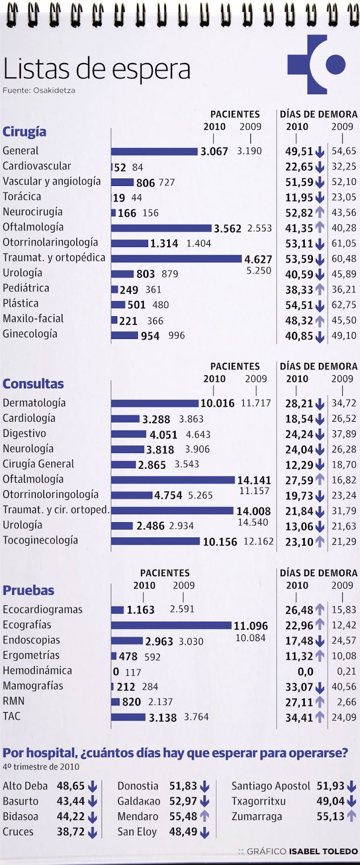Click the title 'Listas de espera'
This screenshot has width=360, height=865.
(x=97, y=69)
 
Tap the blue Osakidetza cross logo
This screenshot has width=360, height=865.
(x=315, y=64)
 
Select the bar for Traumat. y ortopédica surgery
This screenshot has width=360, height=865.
(x=176, y=258)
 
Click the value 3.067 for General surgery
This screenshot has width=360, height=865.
(x=214, y=151)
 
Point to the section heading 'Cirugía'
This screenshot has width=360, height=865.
(x=24, y=132)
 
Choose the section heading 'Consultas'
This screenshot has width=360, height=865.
(x=33, y=384)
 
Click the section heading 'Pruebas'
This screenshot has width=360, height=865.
(x=29, y=590)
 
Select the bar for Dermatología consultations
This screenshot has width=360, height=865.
(x=155, y=403)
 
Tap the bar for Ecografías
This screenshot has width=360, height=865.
(x=171, y=626)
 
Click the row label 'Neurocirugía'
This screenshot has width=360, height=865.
(x=32, y=212)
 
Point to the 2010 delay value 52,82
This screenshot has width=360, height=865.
(x=299, y=212)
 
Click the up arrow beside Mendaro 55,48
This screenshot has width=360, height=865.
(x=204, y=816)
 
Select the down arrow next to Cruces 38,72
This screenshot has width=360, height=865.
(x=92, y=832)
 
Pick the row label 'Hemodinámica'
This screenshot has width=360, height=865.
(x=37, y=671)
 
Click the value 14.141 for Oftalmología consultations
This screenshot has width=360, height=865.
(x=254, y=480)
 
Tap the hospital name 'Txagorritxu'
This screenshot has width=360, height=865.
(x=258, y=801)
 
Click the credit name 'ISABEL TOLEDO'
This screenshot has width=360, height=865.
(x=323, y=851)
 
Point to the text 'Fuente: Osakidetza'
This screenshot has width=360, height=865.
(x=39, y=90)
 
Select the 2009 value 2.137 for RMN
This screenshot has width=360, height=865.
(x=160, y=702)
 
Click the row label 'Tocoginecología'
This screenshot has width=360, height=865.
(x=41, y=540)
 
